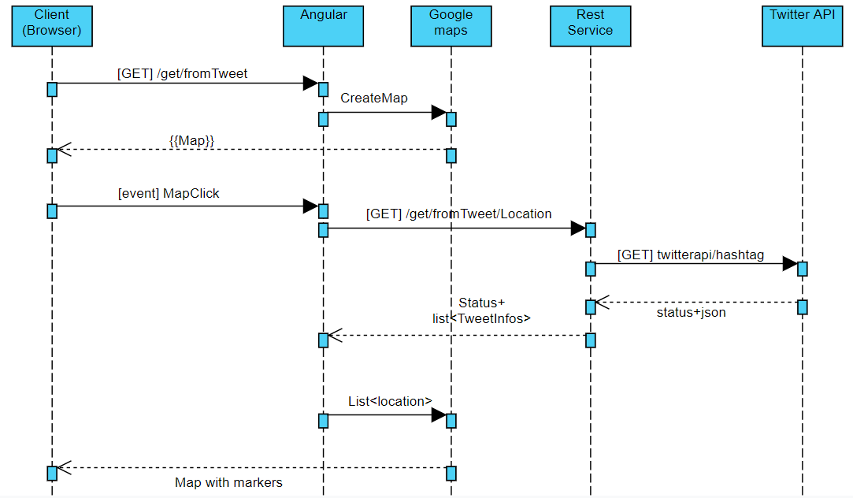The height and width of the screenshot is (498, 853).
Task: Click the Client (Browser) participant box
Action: (52, 26)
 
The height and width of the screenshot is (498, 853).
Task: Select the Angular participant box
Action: (323, 26)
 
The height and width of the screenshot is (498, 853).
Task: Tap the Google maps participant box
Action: (451, 26)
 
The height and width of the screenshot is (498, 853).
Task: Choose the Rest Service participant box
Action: (590, 26)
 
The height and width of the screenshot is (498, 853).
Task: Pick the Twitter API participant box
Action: (803, 26)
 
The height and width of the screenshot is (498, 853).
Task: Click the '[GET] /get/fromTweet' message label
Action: (182, 73)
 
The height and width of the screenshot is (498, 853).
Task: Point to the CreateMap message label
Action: (374, 98)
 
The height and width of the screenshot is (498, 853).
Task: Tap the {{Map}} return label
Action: (191, 140)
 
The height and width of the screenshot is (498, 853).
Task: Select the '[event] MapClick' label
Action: (169, 193)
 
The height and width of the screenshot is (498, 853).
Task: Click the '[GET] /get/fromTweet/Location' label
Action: (458, 214)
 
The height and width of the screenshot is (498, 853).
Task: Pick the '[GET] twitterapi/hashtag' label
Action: (690, 255)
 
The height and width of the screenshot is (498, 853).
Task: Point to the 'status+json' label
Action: (691, 312)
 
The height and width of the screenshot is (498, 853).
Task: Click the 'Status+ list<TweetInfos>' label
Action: (481, 310)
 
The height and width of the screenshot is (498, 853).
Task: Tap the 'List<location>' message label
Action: (390, 401)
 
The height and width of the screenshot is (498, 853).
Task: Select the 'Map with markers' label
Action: (228, 482)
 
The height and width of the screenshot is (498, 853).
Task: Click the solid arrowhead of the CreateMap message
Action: (439, 113)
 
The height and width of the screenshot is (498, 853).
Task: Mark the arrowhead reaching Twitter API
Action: (790, 264)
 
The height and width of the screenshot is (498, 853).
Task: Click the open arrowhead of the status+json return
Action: (603, 302)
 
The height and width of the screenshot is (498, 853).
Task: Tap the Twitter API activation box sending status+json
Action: (803, 307)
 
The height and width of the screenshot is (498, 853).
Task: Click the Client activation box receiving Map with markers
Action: (52, 473)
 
